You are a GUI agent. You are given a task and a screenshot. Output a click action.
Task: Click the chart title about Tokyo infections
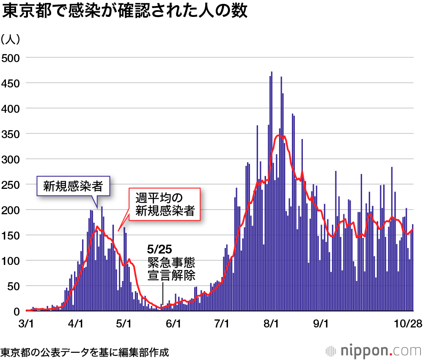pos(124,12)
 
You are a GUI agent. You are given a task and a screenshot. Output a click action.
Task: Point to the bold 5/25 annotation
pos(159,249)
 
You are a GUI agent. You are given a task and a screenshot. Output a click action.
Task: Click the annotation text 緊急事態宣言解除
pos(171,269)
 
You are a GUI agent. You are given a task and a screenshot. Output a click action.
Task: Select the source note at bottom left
pos(85,352)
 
